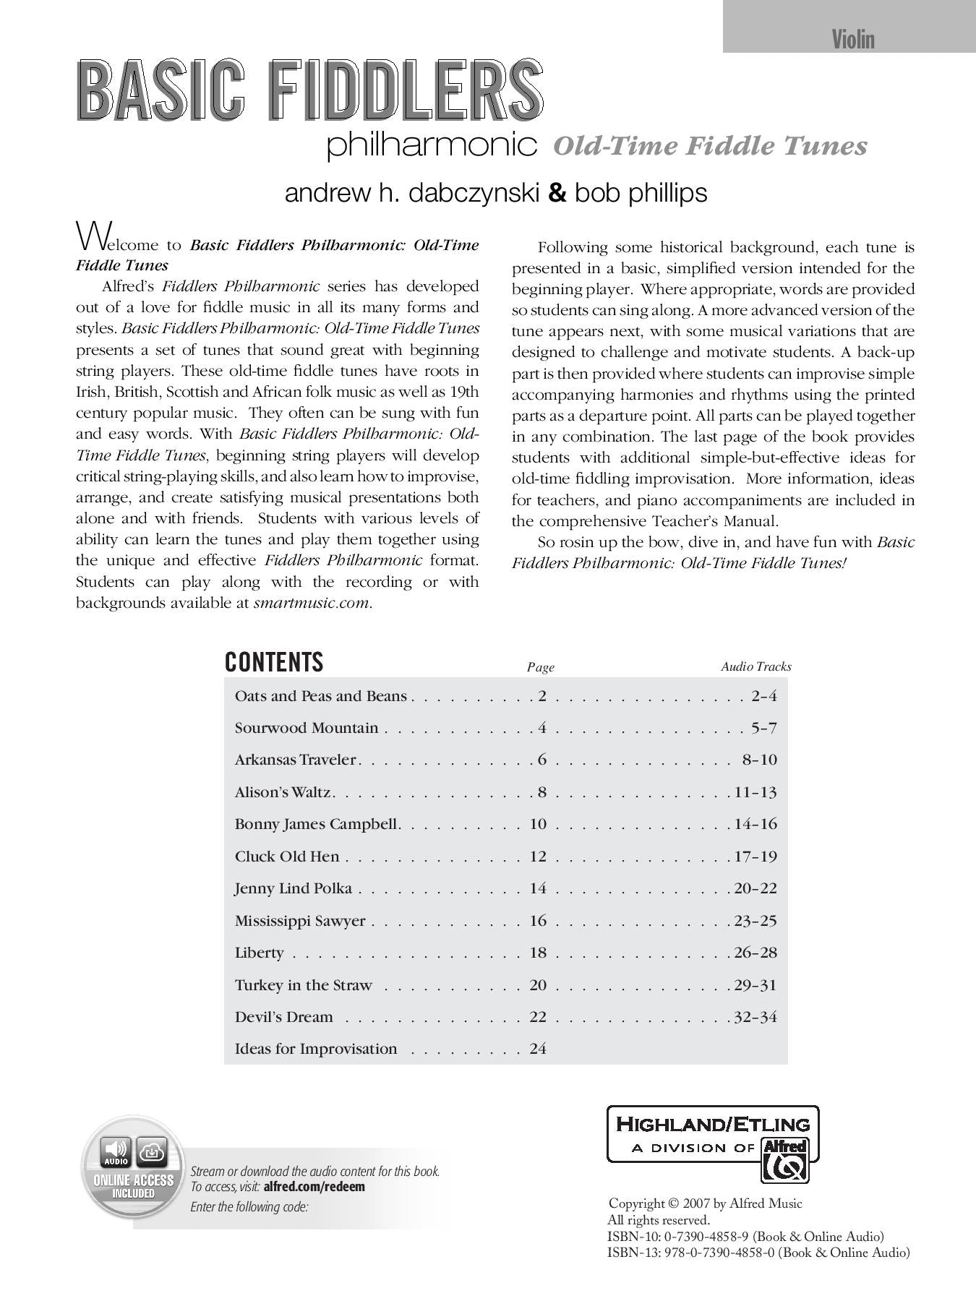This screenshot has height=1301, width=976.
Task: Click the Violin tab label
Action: (x=853, y=39)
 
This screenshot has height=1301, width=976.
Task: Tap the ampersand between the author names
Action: (x=557, y=192)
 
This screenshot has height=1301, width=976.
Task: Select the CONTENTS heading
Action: (x=274, y=662)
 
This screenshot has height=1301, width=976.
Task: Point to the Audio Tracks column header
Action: (x=755, y=666)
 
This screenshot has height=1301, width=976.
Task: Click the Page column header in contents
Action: (x=540, y=667)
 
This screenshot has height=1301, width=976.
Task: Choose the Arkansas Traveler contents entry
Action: (x=296, y=760)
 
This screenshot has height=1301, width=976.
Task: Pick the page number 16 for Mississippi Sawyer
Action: (x=538, y=920)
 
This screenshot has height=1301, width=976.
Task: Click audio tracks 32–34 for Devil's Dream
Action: (x=755, y=1017)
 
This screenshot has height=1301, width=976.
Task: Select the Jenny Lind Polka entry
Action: (x=294, y=888)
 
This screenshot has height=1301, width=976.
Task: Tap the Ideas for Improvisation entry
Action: (x=316, y=1049)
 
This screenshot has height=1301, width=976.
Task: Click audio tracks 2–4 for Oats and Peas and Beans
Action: (x=763, y=696)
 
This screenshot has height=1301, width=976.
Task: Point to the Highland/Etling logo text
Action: (x=712, y=1124)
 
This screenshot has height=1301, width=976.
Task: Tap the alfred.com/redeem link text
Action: (x=314, y=1186)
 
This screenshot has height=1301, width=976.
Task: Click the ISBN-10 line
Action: (x=745, y=1237)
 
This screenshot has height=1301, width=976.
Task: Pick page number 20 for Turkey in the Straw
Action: (x=538, y=984)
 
